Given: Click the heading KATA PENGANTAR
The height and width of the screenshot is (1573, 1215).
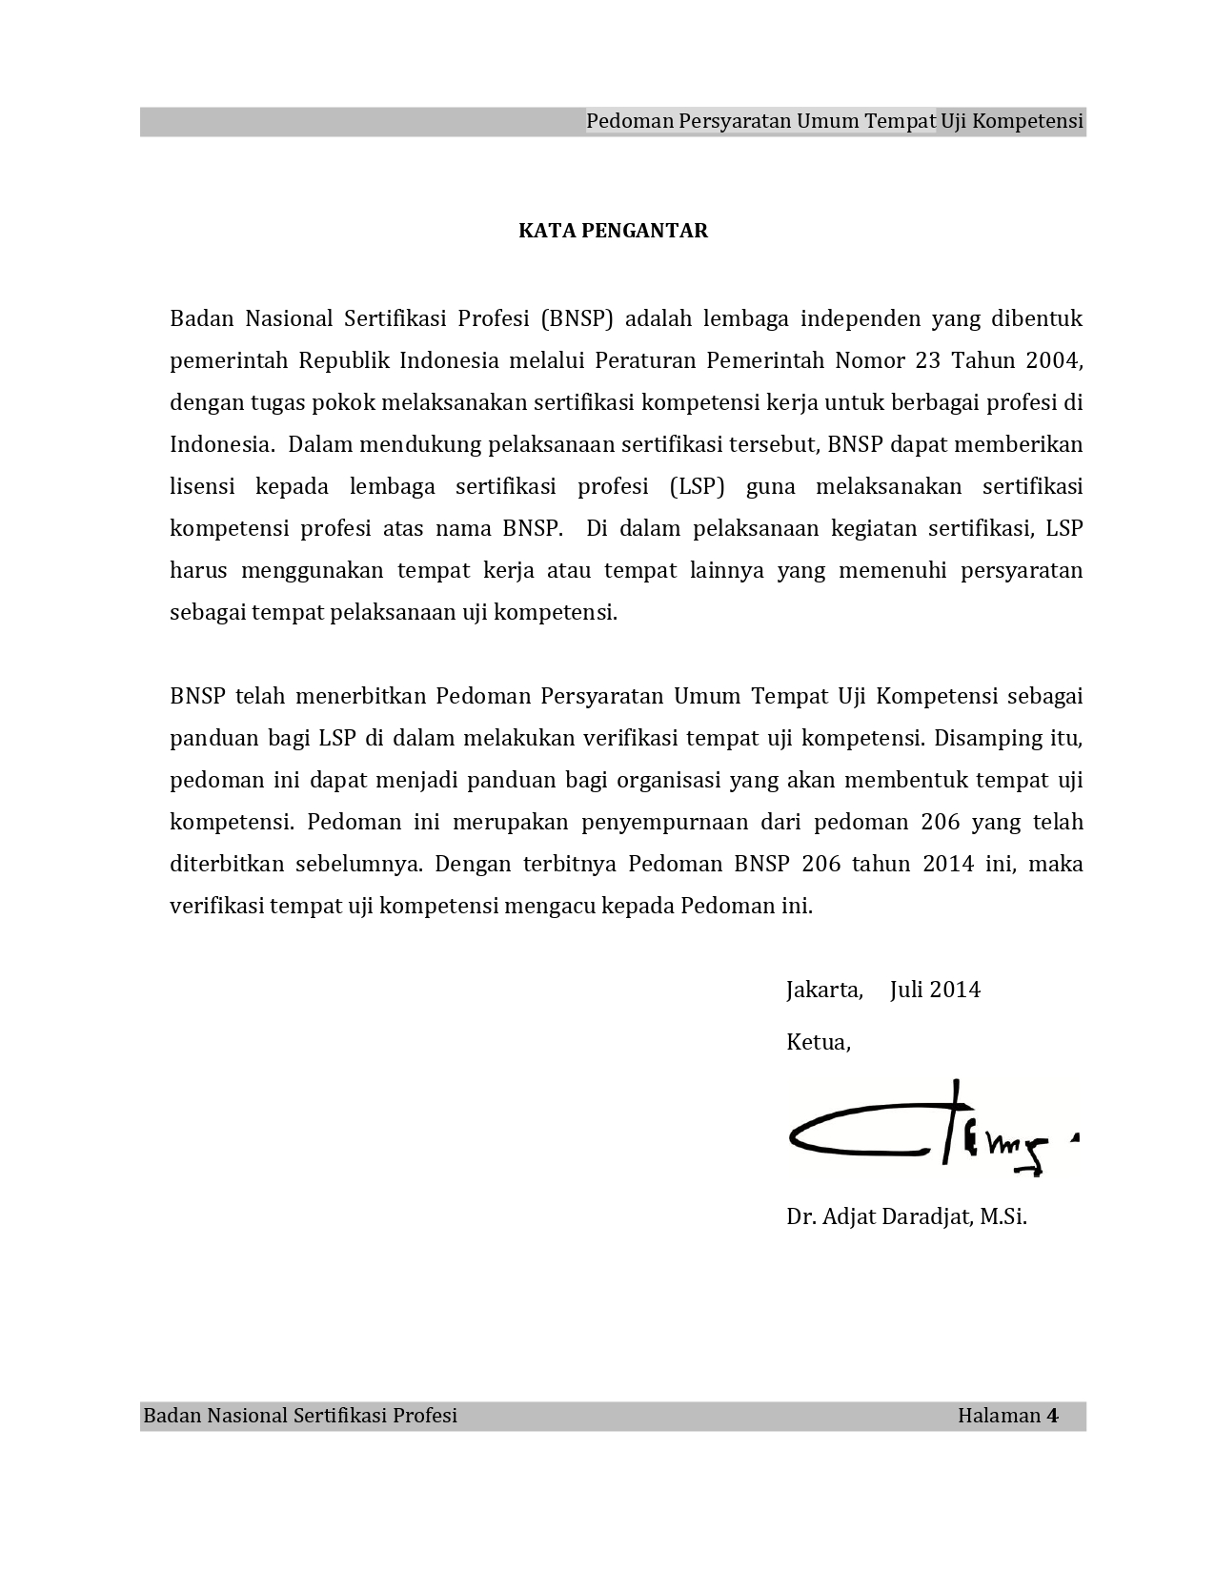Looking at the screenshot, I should (x=613, y=231).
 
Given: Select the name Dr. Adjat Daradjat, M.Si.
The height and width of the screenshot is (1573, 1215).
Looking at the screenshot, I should (x=906, y=1216).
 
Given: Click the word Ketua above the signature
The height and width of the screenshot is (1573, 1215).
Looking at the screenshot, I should (x=818, y=1042).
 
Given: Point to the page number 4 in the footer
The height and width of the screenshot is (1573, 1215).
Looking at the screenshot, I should (x=1053, y=1416).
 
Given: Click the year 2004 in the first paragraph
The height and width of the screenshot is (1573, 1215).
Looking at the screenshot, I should (x=1054, y=360).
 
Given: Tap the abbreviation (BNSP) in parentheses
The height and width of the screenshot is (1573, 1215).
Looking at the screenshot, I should (x=577, y=318).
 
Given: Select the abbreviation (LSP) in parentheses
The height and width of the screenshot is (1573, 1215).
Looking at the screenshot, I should (x=697, y=486).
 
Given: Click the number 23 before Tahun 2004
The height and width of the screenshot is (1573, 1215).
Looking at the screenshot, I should (x=928, y=360).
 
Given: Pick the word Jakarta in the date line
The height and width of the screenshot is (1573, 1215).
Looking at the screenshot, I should (x=824, y=990).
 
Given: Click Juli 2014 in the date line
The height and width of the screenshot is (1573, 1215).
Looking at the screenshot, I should (x=935, y=990).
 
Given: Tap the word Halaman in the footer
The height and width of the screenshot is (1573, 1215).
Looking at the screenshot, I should (x=999, y=1416).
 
